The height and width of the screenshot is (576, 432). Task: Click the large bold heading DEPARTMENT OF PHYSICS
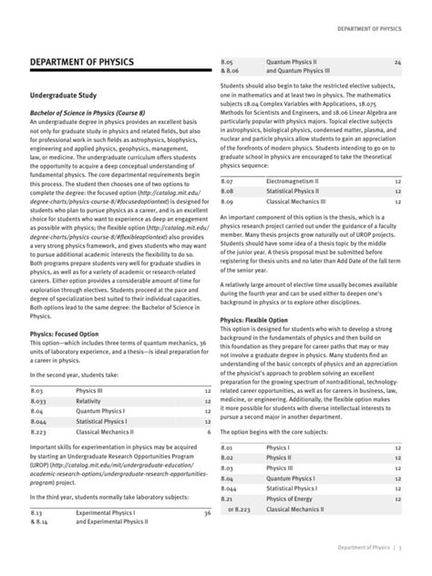coord(82,62)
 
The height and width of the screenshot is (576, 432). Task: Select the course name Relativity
coord(90,374)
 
